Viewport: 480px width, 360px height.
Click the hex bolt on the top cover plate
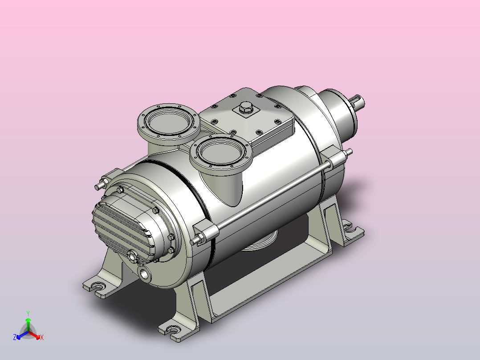245,107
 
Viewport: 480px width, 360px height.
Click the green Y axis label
28,313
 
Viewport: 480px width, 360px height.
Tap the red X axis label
42,337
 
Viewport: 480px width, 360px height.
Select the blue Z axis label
15,337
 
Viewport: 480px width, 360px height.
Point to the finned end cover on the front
122,227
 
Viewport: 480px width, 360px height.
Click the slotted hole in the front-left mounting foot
98,286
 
